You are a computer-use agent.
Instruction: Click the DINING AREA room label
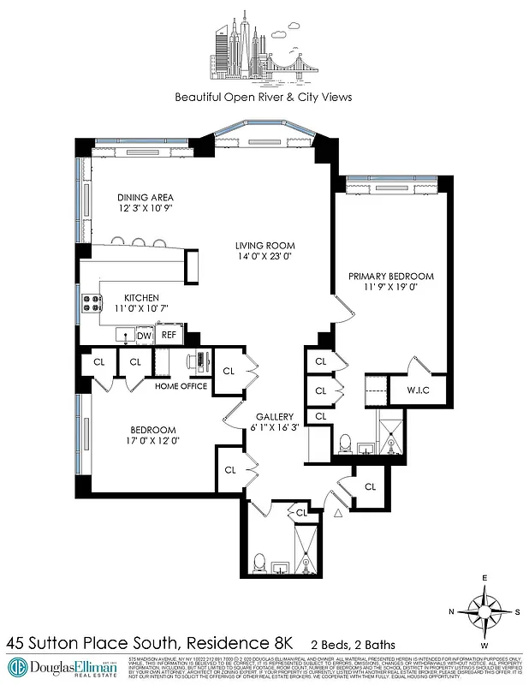coord(145,197)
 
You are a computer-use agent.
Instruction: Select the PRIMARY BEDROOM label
coord(390,277)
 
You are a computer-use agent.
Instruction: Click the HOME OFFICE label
coord(181,386)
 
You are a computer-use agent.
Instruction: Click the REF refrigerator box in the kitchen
coord(169,335)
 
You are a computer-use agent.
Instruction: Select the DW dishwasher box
coord(144,335)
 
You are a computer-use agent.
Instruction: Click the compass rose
coord(485,611)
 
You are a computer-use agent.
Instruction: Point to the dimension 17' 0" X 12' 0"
coord(153,442)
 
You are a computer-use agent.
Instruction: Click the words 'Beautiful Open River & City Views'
coord(263,97)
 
